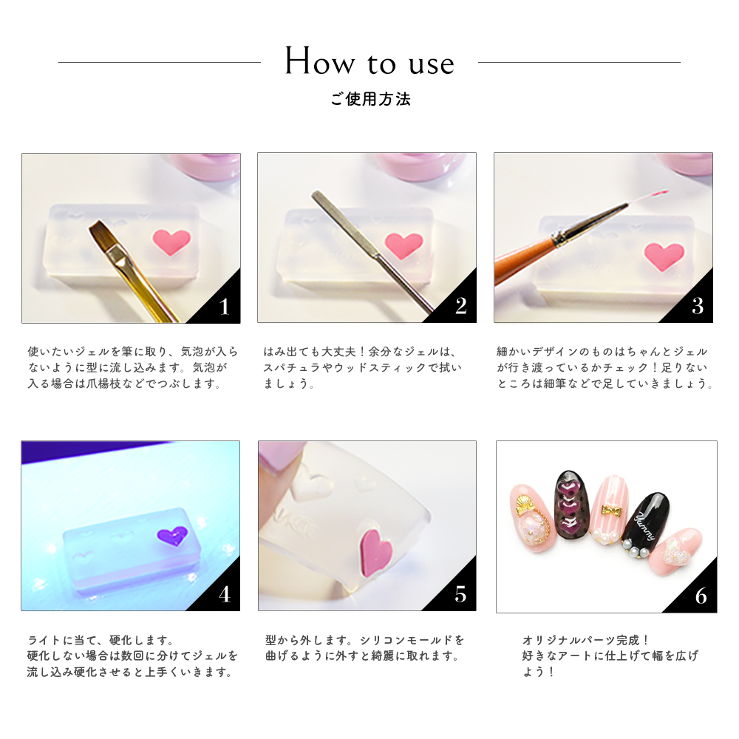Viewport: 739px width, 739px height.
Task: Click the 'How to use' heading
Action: [370, 62]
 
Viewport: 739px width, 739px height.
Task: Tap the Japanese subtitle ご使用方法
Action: [370, 100]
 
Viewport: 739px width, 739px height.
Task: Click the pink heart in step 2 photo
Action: [403, 245]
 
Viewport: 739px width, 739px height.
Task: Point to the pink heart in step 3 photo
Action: [664, 256]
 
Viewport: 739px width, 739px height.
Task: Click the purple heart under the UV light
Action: [172, 537]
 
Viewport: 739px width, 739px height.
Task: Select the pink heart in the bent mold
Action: [375, 552]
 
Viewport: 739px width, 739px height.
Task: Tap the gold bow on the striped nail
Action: [611, 511]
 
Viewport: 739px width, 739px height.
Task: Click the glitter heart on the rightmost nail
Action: [675, 551]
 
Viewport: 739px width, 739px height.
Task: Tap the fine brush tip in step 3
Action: [648, 197]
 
